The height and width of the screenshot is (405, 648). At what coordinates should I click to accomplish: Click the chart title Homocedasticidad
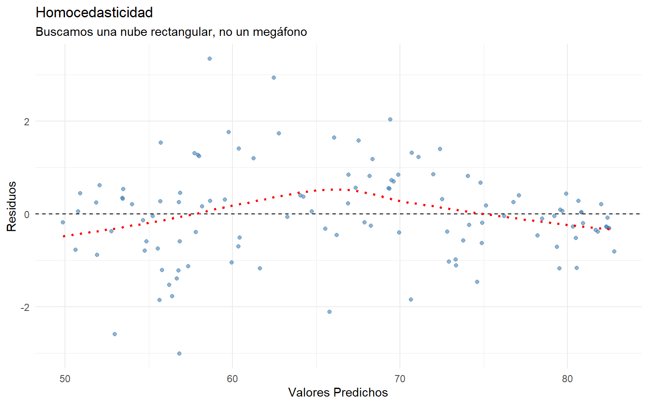[94, 13]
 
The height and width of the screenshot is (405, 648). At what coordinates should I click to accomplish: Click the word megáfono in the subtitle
[280, 32]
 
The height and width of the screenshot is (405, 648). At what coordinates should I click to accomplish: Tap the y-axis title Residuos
[12, 206]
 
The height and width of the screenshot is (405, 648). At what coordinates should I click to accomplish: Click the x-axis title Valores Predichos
[338, 392]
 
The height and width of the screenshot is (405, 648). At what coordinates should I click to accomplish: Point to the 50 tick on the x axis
[65, 378]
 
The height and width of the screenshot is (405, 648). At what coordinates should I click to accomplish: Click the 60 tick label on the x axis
[232, 378]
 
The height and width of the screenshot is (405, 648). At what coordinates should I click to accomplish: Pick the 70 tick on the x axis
[400, 378]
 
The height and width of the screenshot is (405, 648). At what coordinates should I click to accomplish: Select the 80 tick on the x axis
[567, 378]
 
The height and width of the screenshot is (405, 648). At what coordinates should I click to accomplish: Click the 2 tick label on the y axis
[27, 121]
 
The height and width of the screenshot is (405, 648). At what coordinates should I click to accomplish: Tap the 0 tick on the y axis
[27, 214]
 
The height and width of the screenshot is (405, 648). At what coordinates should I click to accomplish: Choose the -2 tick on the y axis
[25, 307]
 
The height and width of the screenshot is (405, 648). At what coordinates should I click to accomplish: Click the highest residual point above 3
[209, 59]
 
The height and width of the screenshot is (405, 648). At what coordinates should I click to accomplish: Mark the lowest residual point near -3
[179, 354]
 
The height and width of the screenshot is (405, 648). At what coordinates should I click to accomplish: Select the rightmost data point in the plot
[614, 251]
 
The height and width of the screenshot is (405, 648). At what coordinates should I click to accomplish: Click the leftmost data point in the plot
[63, 222]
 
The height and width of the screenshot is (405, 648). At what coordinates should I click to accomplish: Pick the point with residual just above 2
[390, 119]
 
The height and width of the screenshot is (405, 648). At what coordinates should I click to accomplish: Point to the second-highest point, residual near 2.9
[274, 78]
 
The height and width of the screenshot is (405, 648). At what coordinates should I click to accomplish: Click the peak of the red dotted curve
[333, 189]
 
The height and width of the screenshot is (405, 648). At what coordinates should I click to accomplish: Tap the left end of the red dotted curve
[64, 236]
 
